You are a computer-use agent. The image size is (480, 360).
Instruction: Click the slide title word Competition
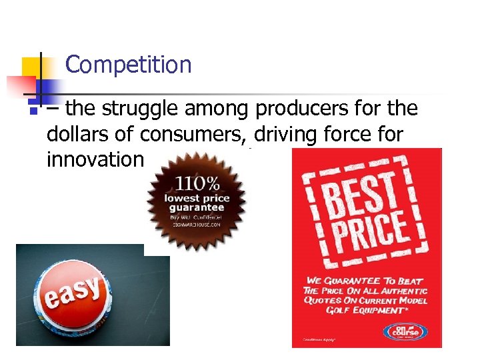pyautogui.click(x=129, y=65)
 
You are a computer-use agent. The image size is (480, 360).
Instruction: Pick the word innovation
pyautogui.click(x=95, y=160)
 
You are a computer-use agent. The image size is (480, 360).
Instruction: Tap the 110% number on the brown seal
pyautogui.click(x=197, y=183)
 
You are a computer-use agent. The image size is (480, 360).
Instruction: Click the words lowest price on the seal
pyautogui.click(x=197, y=198)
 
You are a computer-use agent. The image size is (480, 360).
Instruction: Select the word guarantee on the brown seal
pyautogui.click(x=197, y=207)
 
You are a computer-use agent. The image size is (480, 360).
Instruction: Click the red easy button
pyautogui.click(x=75, y=296)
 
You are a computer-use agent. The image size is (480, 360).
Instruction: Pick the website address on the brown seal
pyautogui.click(x=197, y=225)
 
